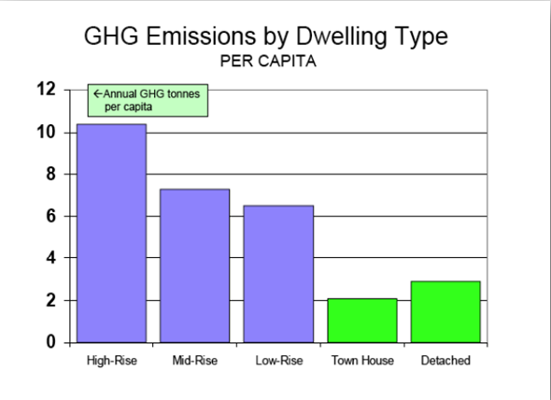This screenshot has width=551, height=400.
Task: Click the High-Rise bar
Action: pos(111,234)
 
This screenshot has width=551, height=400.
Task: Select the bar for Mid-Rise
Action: pos(194,266)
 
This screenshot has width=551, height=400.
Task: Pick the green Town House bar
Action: pos(362,321)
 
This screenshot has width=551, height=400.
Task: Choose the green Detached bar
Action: pos(445,311)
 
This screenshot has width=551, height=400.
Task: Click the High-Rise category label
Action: pos(112,361)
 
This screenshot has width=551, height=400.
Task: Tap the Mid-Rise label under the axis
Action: pos(195,361)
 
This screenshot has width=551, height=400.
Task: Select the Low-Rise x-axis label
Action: pos(278,361)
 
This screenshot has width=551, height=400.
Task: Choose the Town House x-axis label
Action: pos(362,361)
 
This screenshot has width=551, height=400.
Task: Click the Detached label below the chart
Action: pos(445,361)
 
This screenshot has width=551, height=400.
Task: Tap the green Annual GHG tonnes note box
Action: pos(148,100)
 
